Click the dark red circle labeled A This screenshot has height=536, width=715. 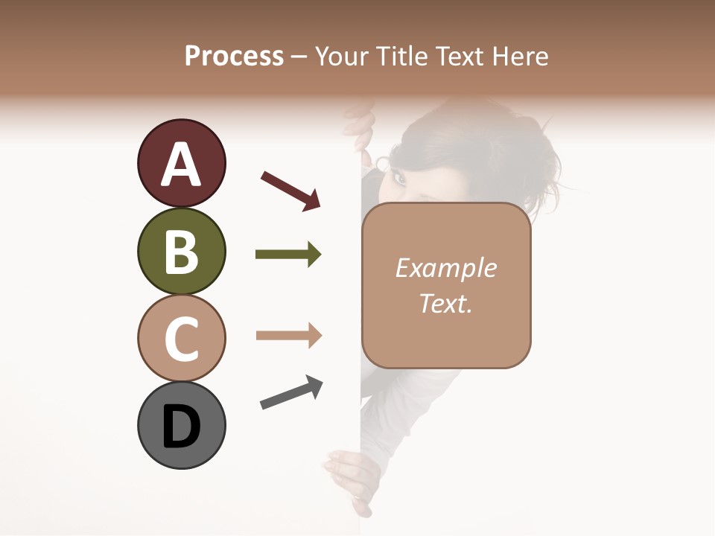pyautogui.click(x=181, y=163)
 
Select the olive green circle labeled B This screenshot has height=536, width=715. pyautogui.click(x=181, y=251)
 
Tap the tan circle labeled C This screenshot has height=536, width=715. pyautogui.click(x=181, y=338)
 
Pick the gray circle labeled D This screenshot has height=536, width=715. pyautogui.click(x=181, y=425)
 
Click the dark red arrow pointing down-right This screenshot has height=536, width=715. pyautogui.click(x=290, y=190)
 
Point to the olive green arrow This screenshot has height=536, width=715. pyautogui.click(x=288, y=255)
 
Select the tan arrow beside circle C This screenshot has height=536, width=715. pyautogui.click(x=288, y=336)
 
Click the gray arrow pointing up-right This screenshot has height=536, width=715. pyautogui.click(x=291, y=392)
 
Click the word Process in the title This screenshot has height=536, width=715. pyautogui.click(x=234, y=57)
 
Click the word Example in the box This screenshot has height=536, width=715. pyautogui.click(x=445, y=268)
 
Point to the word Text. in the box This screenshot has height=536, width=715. pyautogui.click(x=445, y=303)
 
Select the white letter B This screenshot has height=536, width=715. pyautogui.click(x=181, y=251)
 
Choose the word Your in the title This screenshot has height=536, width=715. pyautogui.click(x=342, y=57)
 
